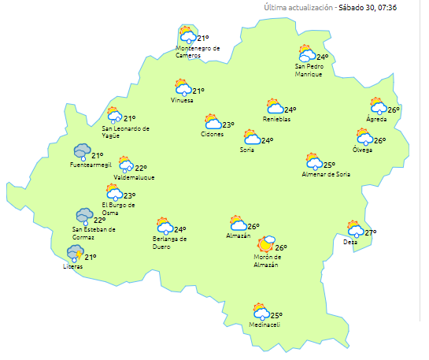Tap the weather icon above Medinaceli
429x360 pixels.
coord(261,312)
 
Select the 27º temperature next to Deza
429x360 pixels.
coord(371,232)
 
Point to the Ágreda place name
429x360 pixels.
coord(376,119)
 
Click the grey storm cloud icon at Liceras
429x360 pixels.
coord(75,253)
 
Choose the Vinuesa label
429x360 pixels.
coord(182,101)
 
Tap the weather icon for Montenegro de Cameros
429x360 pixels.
coord(187,35)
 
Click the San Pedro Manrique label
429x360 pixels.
coord(309,70)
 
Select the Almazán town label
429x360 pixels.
coord(238,236)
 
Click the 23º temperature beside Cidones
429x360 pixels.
coord(228,124)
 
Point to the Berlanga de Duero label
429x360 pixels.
coord(169,242)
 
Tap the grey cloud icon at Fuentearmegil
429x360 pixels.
coord(81,151)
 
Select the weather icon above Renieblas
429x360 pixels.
coord(275,106)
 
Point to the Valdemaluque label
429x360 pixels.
coord(134,177)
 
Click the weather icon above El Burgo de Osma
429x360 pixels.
coord(114,191)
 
